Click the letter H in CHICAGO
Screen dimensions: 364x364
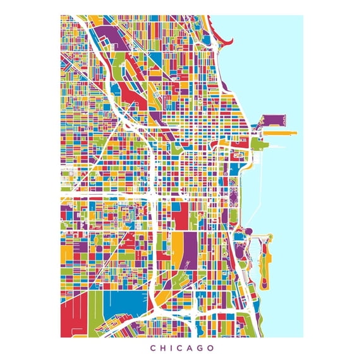tap(163, 348)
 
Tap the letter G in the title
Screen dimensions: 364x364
tap(199, 348)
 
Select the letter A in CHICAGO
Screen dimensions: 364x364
tap(187, 348)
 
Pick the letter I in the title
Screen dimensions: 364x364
tap(173, 348)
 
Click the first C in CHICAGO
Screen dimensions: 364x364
tap(152, 348)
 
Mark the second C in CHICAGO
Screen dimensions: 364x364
tap(178, 348)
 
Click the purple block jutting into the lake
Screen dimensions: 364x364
tap(273, 120)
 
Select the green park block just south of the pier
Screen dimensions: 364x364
tap(259, 144)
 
